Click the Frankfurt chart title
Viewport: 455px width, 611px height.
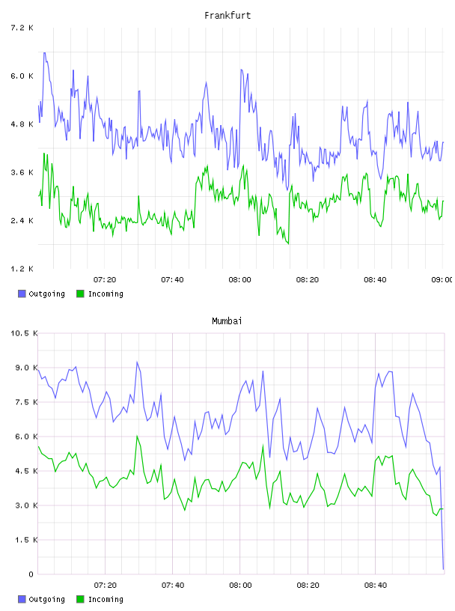[227, 16]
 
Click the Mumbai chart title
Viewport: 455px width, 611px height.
[227, 321]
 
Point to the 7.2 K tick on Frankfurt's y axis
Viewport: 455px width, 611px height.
[22, 28]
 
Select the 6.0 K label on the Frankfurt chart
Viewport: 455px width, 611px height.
[22, 76]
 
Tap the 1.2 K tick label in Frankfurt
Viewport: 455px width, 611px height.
[22, 269]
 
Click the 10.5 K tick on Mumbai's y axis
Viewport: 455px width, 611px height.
[24, 333]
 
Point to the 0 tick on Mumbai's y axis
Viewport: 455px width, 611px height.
[31, 574]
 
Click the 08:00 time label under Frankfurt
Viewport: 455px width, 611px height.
[239, 280]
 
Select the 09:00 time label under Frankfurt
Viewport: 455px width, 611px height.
[442, 280]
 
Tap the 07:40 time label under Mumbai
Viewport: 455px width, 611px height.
[173, 586]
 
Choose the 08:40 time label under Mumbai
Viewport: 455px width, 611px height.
[376, 586]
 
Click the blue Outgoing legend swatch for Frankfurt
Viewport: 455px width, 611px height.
[22, 294]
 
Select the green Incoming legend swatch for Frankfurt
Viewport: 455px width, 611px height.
[80, 294]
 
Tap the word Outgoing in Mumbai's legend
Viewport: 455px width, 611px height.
[46, 599]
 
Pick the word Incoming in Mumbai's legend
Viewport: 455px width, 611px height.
[106, 599]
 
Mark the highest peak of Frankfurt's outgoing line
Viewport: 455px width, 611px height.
[44, 52]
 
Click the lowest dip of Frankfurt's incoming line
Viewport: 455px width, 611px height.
[288, 244]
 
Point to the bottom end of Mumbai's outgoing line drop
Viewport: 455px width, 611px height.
[443, 569]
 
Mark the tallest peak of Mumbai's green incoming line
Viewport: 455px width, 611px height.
[137, 436]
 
